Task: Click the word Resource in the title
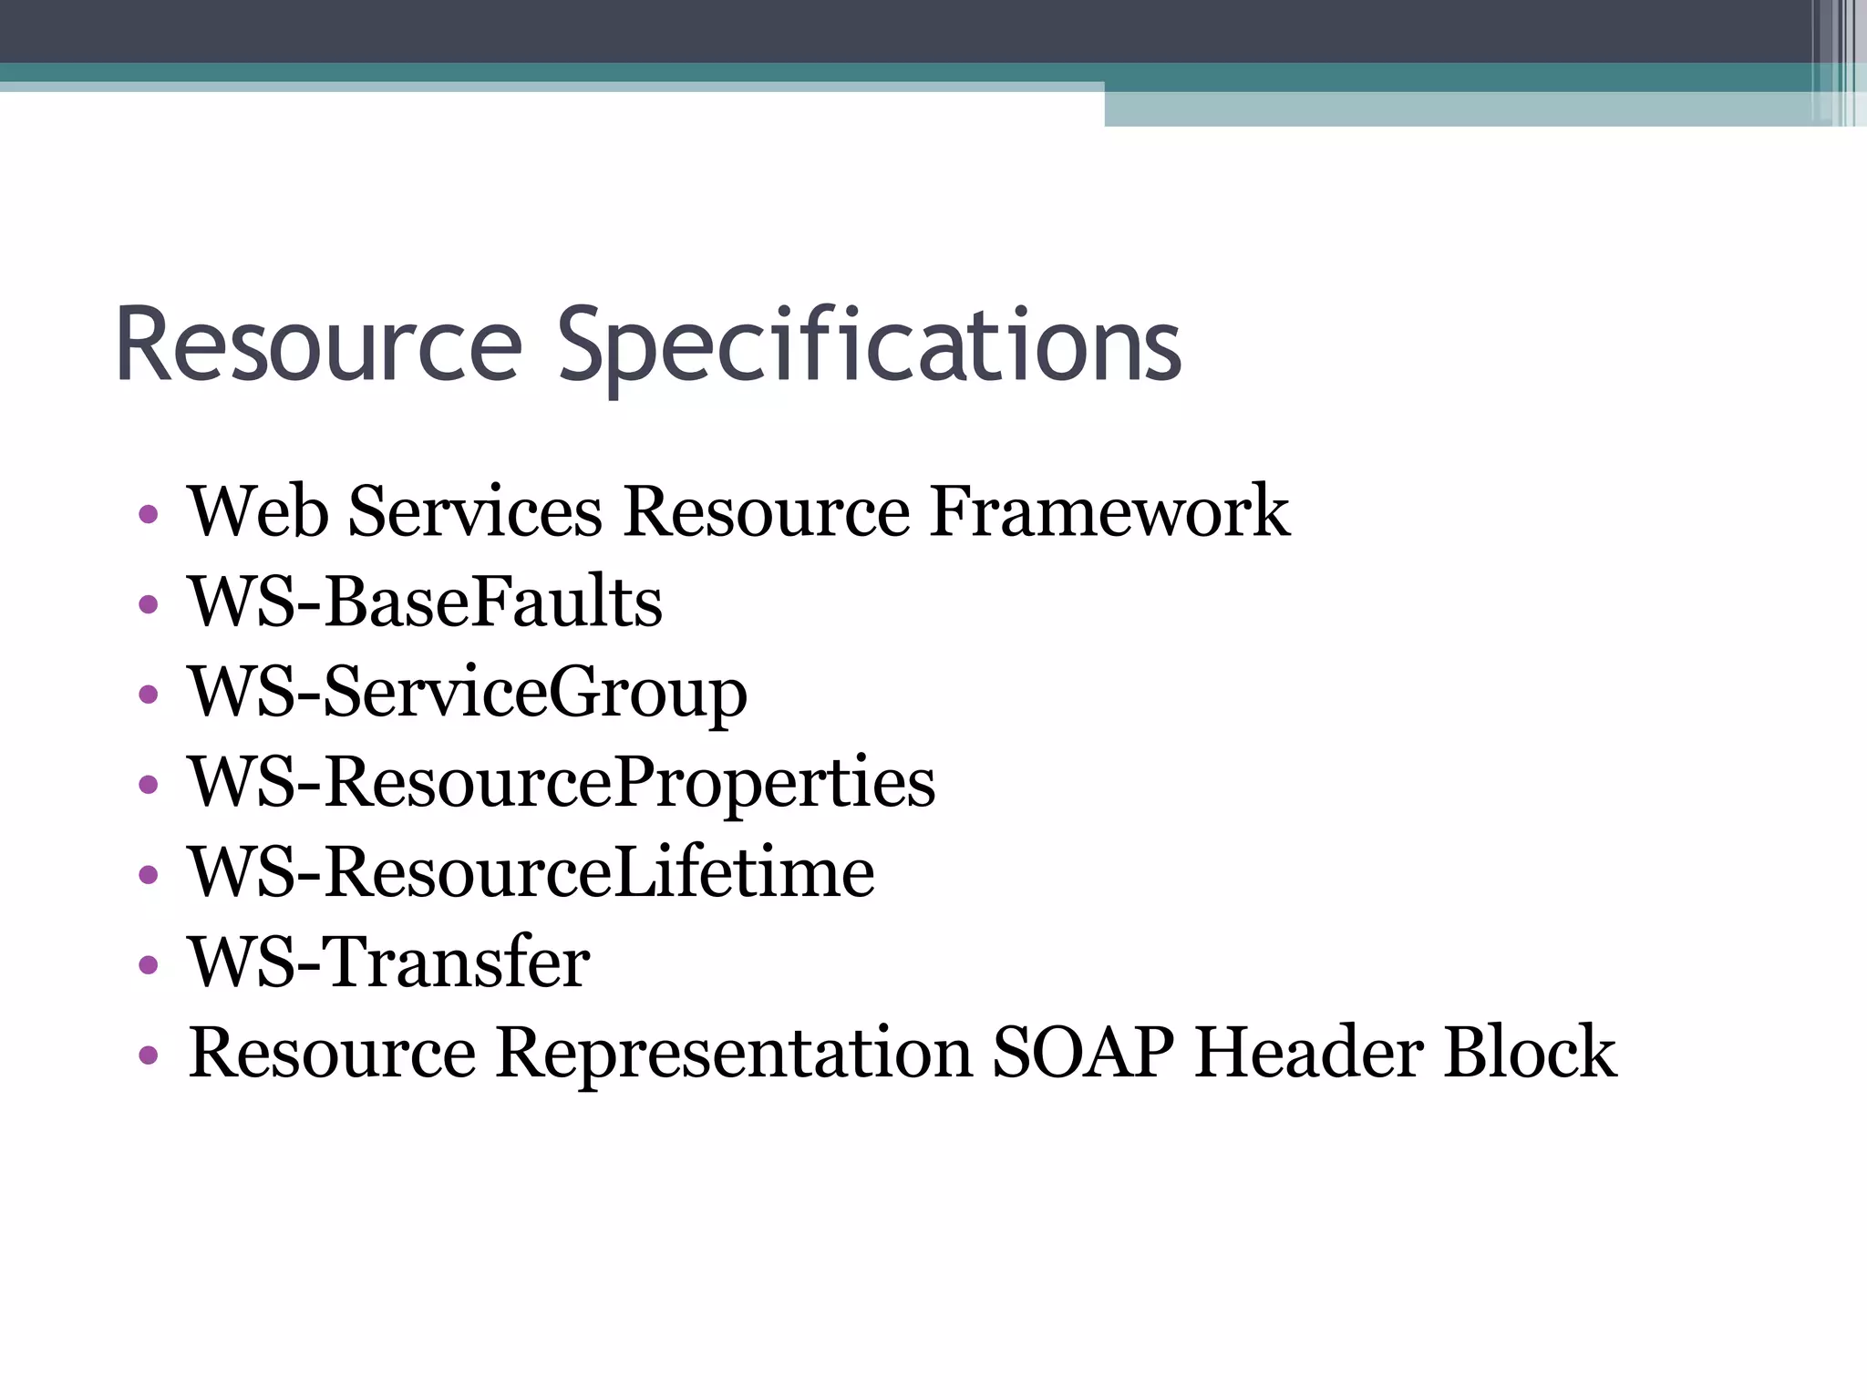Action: point(318,346)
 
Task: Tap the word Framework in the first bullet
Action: point(1109,511)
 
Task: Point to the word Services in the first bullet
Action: point(475,511)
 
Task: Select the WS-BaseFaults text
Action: point(425,602)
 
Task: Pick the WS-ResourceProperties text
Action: point(562,783)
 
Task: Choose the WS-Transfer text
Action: point(389,962)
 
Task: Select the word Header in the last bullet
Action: point(1309,1053)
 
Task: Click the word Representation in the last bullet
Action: point(734,1053)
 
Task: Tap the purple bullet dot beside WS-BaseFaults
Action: point(149,604)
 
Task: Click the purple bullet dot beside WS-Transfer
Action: point(149,964)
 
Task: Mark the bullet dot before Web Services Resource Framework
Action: point(149,515)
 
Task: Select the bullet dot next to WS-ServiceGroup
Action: point(149,695)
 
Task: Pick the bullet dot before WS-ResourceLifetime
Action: point(149,875)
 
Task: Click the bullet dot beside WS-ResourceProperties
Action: point(149,785)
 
